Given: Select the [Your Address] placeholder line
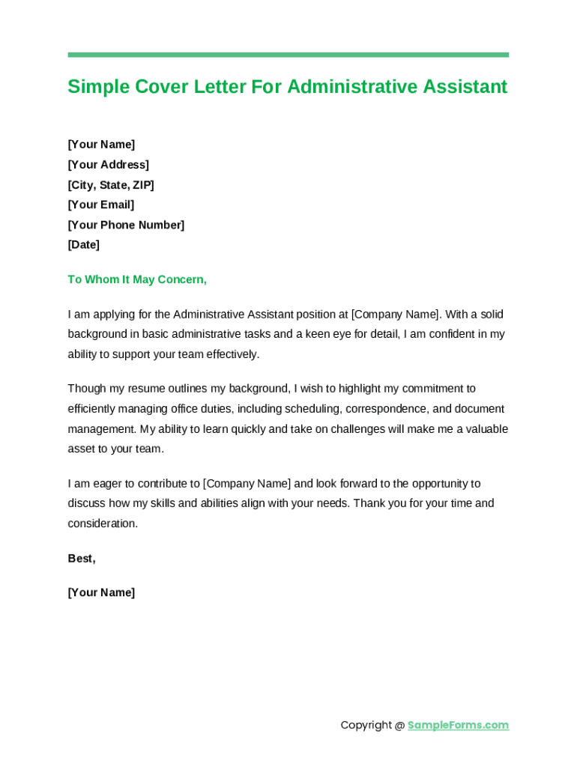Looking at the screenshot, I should coord(108,165).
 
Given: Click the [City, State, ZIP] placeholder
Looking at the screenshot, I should coord(111,185).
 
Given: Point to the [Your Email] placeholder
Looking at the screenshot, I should coord(101,204).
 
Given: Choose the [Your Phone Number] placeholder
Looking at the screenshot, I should coord(126,225).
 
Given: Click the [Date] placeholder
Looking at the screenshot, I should coord(83,245).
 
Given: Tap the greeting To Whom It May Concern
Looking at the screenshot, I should coord(137,279).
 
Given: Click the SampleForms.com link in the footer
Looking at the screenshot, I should coord(458,725).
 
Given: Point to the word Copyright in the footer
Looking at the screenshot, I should coord(366,725).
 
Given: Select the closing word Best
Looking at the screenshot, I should coord(81,559).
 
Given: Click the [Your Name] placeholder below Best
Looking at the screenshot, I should coord(101,592).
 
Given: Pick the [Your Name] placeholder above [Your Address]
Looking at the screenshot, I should coord(101,145).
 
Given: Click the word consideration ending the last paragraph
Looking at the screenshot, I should coord(102,524).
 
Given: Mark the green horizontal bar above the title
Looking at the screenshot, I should coord(288,55).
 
